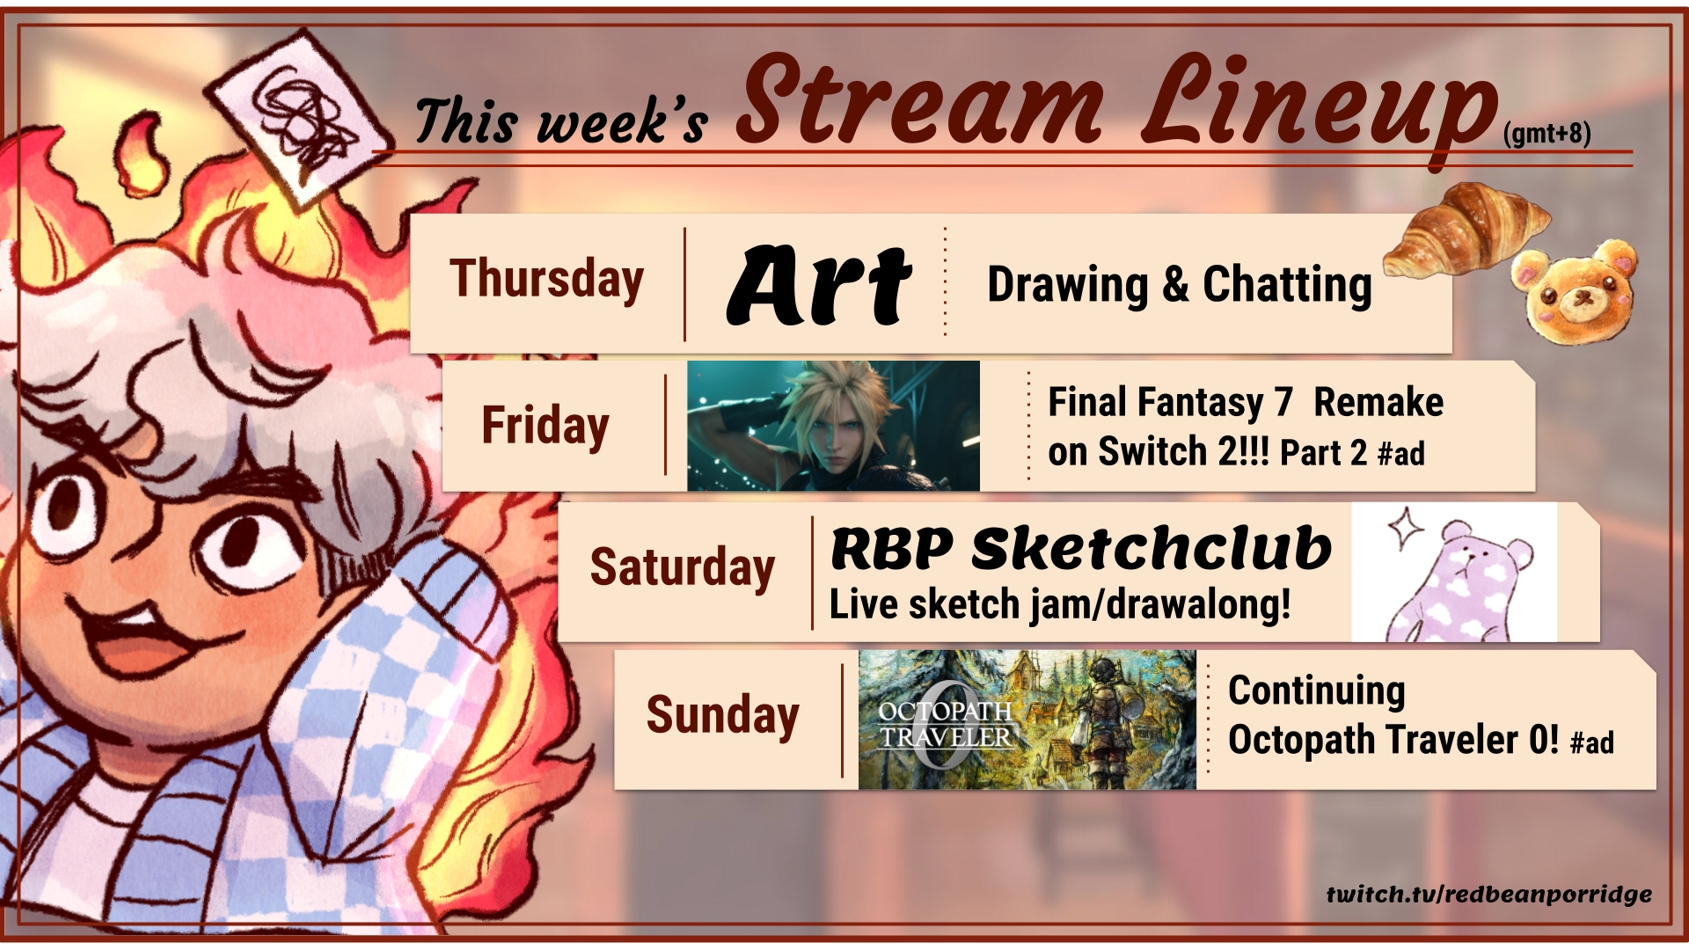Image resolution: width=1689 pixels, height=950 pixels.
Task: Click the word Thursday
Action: pos(546,279)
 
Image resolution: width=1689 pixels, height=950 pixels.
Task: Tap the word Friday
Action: pos(545,426)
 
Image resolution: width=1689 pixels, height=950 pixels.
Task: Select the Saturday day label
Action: pos(682,566)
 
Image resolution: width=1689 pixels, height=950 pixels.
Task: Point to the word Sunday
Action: pos(722,714)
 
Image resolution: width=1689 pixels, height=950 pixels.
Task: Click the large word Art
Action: pos(819,283)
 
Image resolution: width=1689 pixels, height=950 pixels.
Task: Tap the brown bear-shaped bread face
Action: pos(1575,290)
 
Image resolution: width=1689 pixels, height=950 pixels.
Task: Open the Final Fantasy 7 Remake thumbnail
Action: pos(833,426)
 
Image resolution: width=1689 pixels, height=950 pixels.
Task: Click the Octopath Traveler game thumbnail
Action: pos(1027,720)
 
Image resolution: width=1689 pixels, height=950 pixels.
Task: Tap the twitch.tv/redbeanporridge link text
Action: pos(1489,895)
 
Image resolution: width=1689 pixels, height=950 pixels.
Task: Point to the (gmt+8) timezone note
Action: pos(1547,134)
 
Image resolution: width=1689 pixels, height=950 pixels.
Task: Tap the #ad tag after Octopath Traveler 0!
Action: pos(1592,743)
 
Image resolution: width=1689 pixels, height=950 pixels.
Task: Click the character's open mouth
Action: pos(150,638)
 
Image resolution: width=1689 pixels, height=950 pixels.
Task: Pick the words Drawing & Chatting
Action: pos(1180,285)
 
